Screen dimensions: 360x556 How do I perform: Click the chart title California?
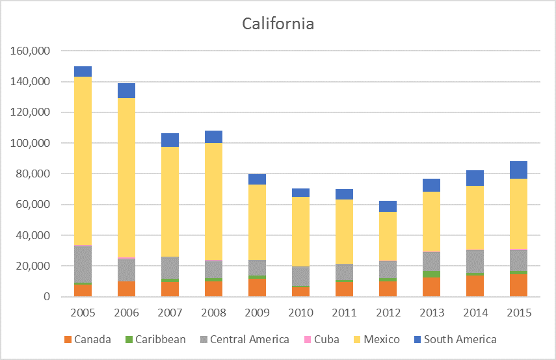tap(278, 24)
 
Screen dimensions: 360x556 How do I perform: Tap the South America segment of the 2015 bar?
tap(518, 170)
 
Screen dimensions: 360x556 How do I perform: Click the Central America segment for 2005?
tap(83, 264)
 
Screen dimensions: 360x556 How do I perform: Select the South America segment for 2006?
tap(126, 90)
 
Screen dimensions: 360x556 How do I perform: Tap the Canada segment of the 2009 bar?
tap(257, 288)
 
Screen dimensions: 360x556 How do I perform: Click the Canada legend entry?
tap(92, 339)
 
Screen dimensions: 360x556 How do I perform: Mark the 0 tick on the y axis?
tap(46, 297)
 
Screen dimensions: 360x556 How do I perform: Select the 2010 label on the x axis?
tap(300, 313)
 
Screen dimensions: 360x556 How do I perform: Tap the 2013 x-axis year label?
tap(431, 313)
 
